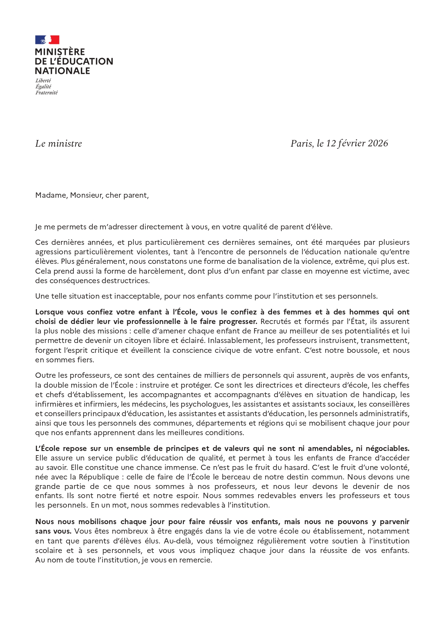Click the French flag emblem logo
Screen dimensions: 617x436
pyautogui.click(x=47, y=40)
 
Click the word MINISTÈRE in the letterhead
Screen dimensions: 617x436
pyautogui.click(x=60, y=52)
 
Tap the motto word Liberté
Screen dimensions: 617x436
pyautogui.click(x=43, y=81)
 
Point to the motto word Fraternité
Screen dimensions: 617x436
pyautogui.click(x=46, y=93)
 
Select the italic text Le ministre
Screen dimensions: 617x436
pyautogui.click(x=59, y=144)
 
